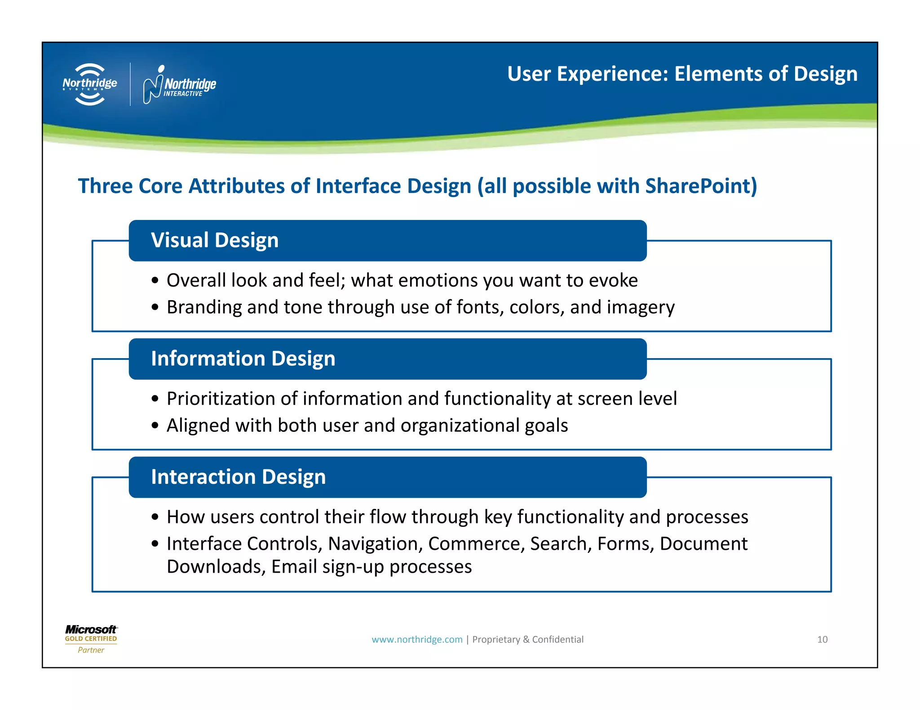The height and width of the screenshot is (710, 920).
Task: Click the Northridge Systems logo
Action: click(x=90, y=84)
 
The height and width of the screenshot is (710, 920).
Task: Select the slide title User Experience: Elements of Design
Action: click(x=682, y=74)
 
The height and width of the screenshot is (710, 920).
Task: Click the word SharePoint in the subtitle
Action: click(x=701, y=186)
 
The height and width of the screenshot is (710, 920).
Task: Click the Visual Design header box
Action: click(x=387, y=241)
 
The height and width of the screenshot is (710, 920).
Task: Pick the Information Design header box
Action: click(x=387, y=359)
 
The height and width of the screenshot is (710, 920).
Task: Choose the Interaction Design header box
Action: click(x=387, y=477)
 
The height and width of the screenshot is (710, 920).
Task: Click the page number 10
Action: click(x=822, y=640)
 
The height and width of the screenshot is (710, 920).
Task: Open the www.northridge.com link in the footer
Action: click(x=417, y=640)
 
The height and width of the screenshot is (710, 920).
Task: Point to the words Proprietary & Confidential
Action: click(x=528, y=640)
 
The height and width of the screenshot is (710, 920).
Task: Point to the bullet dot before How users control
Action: click(x=155, y=517)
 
